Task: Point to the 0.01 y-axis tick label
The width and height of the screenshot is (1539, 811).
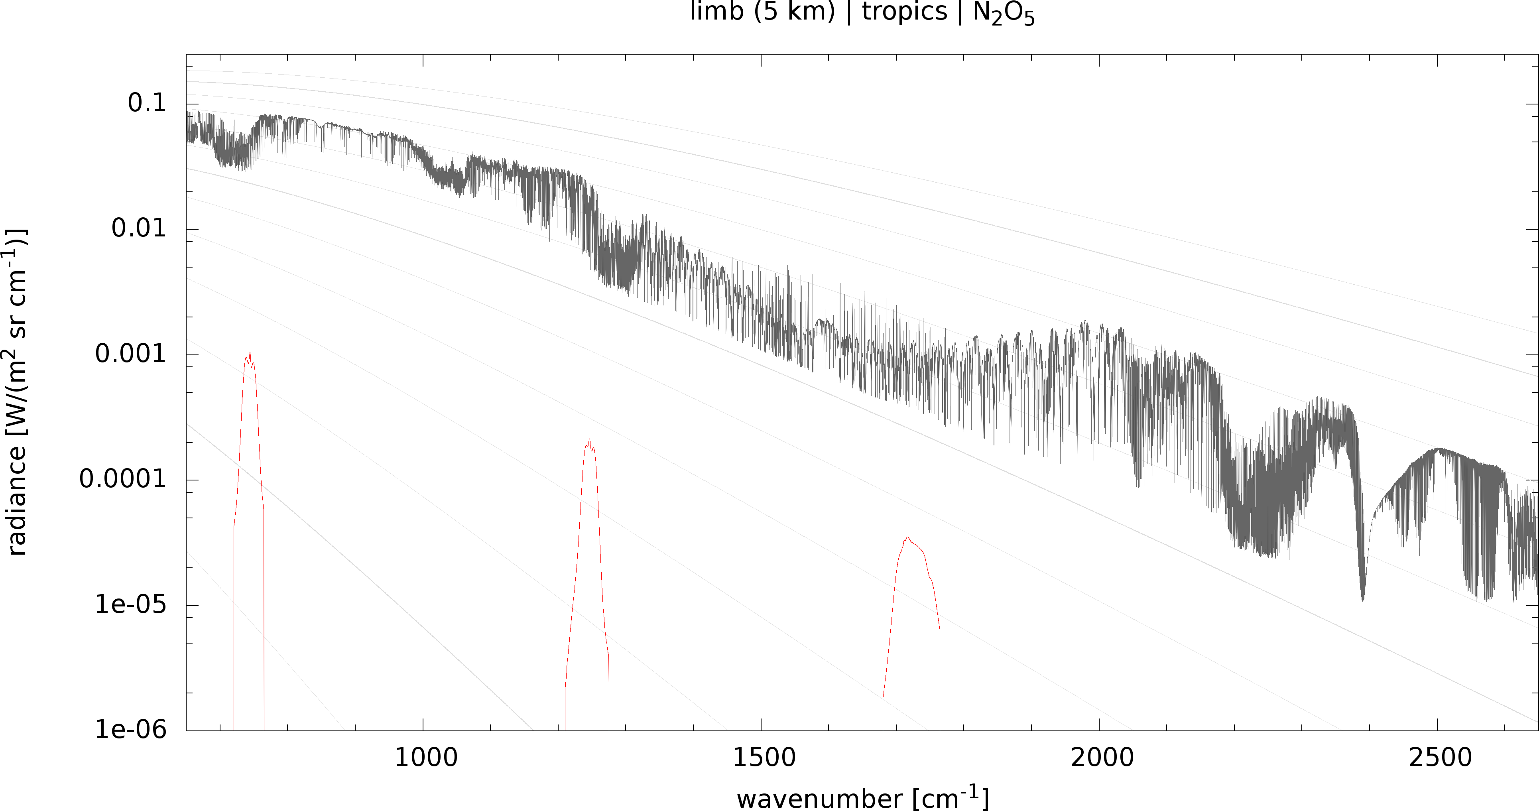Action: [x=139, y=228]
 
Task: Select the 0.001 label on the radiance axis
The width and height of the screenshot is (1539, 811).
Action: [x=130, y=354]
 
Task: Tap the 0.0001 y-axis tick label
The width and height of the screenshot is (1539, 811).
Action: [x=122, y=479]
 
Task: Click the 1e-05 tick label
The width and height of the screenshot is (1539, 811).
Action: [x=130, y=605]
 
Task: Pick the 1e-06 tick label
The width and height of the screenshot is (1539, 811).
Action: [x=130, y=730]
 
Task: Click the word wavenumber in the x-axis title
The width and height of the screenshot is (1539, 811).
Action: [x=820, y=799]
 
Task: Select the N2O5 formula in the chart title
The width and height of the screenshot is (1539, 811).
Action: [x=1004, y=13]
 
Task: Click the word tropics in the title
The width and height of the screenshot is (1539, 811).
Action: [x=905, y=12]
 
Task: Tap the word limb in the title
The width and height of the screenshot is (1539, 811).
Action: [x=716, y=12]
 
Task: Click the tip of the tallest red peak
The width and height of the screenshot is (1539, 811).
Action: [x=250, y=352]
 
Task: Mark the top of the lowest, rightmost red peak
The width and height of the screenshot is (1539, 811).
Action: [x=907, y=537]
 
